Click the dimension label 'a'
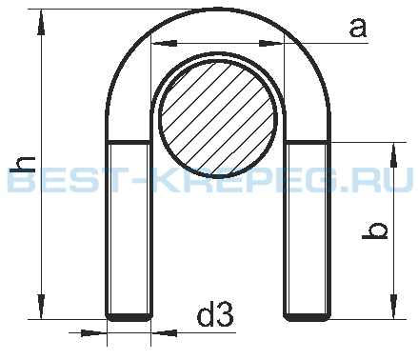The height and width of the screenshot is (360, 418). click(358, 28)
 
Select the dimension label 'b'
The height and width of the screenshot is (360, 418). click(375, 230)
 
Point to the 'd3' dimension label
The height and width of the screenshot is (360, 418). click(215, 314)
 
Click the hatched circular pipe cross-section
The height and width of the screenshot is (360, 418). click(218, 118)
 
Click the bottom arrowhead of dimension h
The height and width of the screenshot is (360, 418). click(41, 307)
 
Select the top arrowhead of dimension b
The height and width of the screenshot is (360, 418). click(393, 155)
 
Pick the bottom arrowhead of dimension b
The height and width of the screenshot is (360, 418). click(393, 307)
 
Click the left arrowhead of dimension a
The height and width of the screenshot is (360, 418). click(165, 43)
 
